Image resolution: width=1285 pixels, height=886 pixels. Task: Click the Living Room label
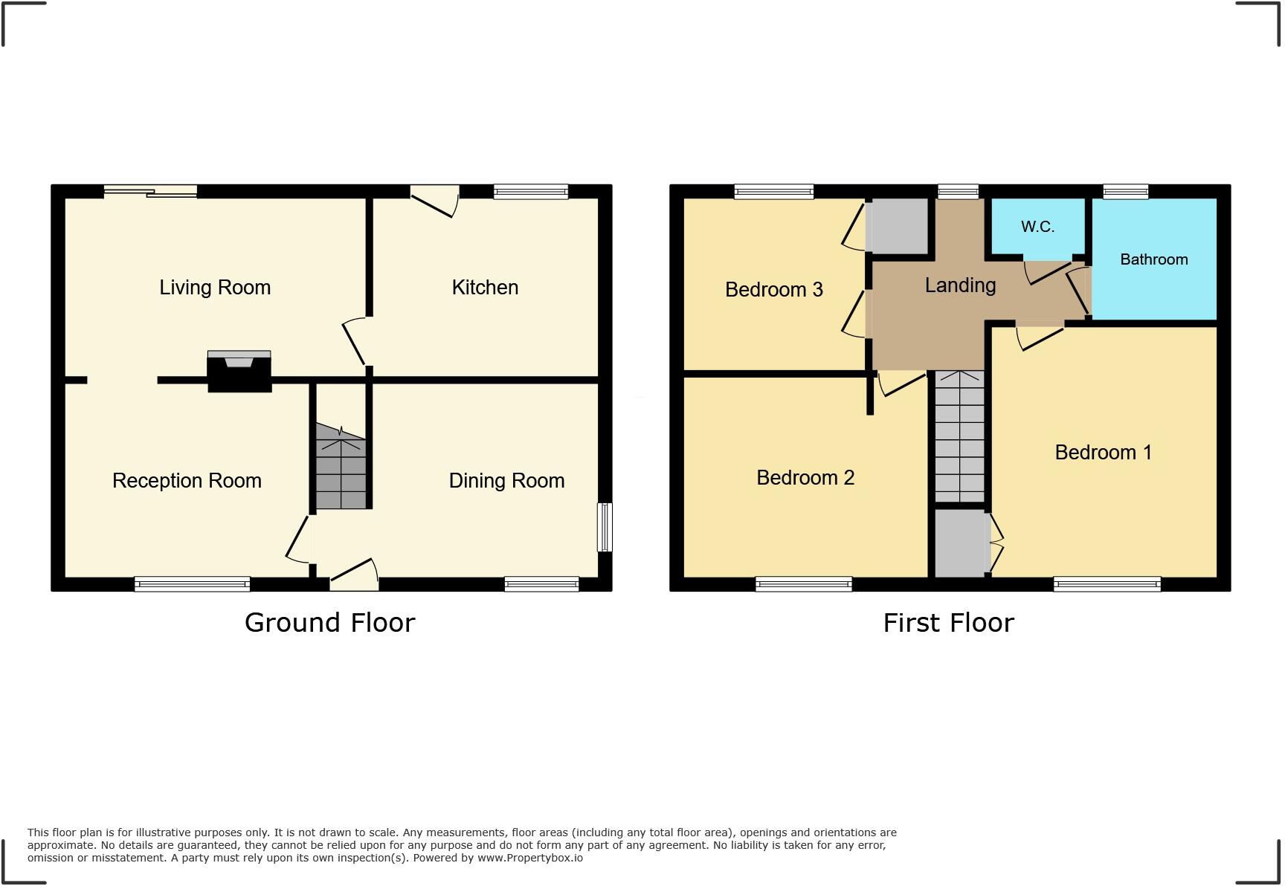pos(215,288)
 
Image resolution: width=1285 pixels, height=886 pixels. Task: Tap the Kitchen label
pos(485,288)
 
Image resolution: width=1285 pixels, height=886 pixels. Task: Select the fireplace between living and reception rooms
pos(239,372)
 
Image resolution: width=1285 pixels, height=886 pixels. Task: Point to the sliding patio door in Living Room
pos(151,192)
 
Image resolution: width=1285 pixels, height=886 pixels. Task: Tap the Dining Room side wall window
pos(605,527)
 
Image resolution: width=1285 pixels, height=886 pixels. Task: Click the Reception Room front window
pos(192,584)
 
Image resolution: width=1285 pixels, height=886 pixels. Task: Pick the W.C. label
pos(1037,227)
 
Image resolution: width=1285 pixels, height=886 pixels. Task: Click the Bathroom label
pos(1153,259)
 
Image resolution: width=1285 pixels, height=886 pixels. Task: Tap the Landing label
pos(960,285)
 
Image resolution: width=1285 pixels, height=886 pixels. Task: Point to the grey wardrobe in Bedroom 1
pos(961,543)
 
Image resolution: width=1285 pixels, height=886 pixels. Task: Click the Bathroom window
pos(1125,192)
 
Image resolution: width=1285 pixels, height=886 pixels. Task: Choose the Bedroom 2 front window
pos(804,584)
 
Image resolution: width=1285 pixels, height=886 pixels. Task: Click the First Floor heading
pos(948,623)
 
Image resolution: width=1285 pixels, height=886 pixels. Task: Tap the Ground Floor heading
pos(329,623)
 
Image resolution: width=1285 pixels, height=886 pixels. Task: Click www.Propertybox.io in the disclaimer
pos(529,858)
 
